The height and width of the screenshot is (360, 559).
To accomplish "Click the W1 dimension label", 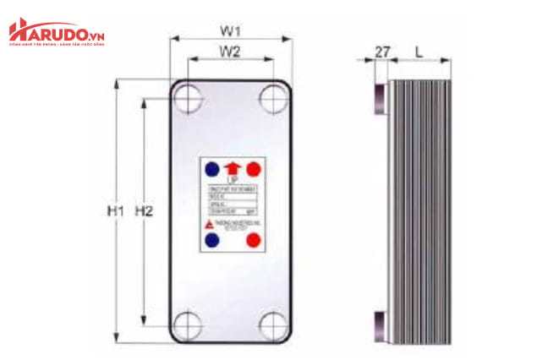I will click(230, 31).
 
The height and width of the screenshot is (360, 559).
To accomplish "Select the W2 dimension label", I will click(230, 52).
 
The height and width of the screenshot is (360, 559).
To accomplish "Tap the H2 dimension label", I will click(145, 210).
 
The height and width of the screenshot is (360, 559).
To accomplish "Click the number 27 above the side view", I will click(382, 52).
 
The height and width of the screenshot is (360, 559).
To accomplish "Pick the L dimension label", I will click(419, 52).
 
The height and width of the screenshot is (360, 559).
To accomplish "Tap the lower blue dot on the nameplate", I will click(212, 240).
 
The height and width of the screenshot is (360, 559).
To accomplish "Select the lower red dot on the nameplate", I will click(252, 240).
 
